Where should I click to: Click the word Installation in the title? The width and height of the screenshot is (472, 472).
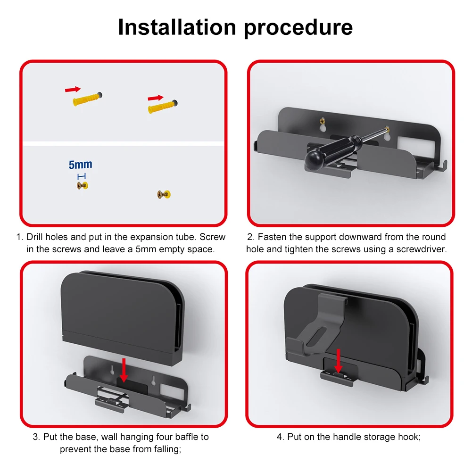177,27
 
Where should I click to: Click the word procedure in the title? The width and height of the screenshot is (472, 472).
298,28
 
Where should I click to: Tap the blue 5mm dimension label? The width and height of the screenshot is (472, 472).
81,165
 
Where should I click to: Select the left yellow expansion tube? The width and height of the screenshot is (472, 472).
88,99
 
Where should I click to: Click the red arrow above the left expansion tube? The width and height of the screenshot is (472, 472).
73,89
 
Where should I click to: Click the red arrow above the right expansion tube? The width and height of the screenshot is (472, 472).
155,98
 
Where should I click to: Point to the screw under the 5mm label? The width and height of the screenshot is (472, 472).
83,185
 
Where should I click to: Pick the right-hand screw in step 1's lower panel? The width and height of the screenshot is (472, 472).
164,194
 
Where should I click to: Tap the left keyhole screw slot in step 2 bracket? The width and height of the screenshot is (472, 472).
322,124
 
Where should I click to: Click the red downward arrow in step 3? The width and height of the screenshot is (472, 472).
124,370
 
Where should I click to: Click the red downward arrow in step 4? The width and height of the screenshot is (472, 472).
338,361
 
